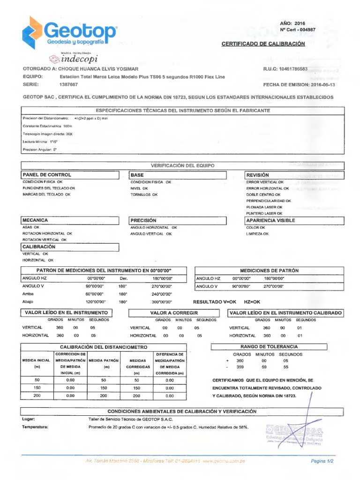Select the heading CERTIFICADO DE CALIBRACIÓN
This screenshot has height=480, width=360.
(x=263, y=44)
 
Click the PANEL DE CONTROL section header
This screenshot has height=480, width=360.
(x=47, y=174)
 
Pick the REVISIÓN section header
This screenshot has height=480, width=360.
(x=258, y=174)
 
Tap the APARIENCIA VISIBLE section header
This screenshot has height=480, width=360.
(x=270, y=220)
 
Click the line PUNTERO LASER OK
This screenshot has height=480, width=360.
(x=264, y=213)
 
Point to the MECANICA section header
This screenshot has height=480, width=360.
(x=35, y=220)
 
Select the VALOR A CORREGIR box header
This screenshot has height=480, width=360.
(x=174, y=313)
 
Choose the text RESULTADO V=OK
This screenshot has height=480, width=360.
(x=215, y=302)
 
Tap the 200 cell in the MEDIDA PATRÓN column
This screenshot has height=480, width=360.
(x=104, y=396)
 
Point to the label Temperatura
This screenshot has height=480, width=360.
(x=36, y=427)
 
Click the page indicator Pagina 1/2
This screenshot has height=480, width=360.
(x=322, y=461)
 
